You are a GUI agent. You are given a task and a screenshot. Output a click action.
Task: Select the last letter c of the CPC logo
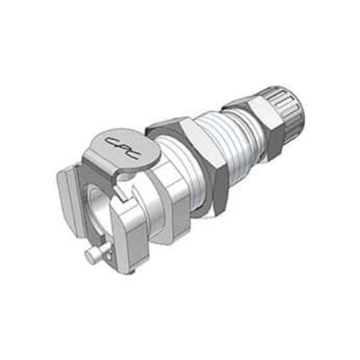132,154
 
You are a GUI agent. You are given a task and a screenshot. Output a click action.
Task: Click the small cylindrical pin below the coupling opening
96,253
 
